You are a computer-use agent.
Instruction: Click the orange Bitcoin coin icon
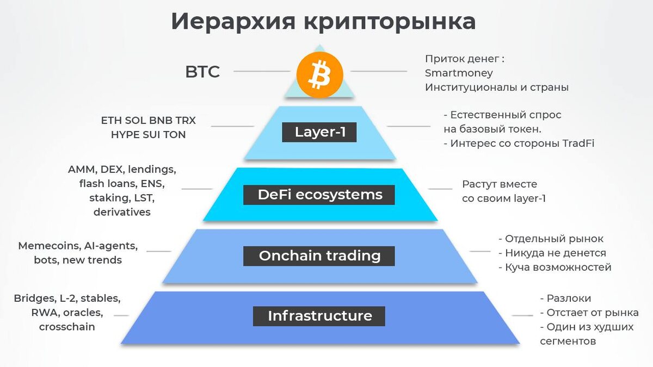(319, 74)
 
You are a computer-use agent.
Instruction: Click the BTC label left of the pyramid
(202, 72)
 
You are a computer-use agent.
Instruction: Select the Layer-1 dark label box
(319, 132)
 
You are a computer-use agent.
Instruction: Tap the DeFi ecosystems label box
(319, 195)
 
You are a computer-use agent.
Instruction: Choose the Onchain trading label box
(319, 256)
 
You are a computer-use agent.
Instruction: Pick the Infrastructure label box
(319, 316)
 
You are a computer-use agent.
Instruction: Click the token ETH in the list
(112, 120)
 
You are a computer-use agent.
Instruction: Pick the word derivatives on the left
(122, 212)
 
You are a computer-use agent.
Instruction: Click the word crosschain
(67, 327)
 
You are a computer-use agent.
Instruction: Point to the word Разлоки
(569, 298)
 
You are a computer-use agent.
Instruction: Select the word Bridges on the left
(34, 298)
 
